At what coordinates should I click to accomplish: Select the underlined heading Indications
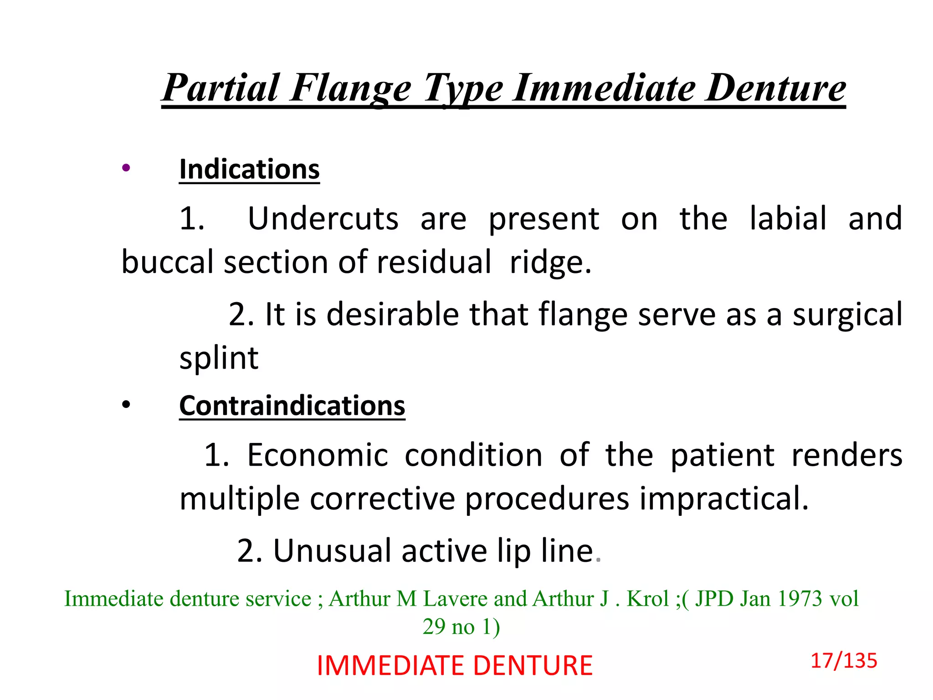click(x=249, y=170)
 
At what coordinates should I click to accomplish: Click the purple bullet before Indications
click(x=126, y=168)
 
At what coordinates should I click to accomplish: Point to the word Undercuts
click(x=323, y=219)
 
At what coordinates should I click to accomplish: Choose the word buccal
click(x=167, y=262)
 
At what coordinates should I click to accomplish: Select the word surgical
click(x=847, y=315)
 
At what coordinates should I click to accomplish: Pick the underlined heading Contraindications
click(x=292, y=406)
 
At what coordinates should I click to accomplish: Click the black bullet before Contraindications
click(x=126, y=404)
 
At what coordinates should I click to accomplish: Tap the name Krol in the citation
click(x=647, y=599)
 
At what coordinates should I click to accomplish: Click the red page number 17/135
click(x=844, y=661)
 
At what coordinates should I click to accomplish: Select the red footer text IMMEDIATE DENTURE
click(x=455, y=666)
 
